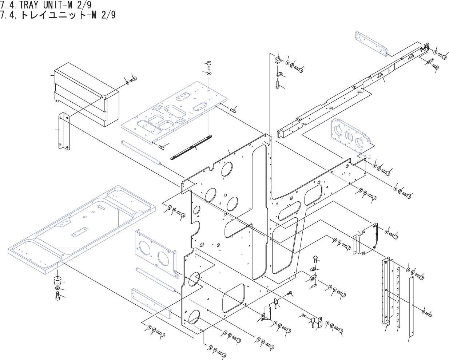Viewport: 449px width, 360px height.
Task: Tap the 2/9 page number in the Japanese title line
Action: tap(108, 15)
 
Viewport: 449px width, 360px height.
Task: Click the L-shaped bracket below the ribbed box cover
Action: tap(63, 131)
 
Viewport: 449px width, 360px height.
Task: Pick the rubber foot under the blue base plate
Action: tap(58, 281)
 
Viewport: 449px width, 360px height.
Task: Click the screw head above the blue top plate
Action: tap(209, 66)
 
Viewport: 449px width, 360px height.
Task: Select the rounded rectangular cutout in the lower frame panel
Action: tap(233, 298)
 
